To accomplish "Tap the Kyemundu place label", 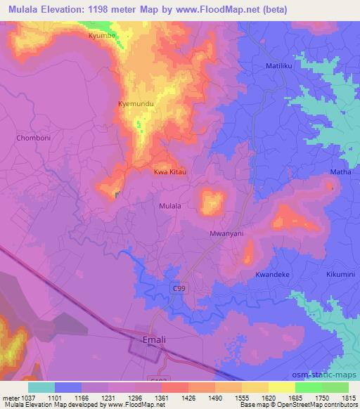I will (x=135, y=105).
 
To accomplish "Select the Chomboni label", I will (x=32, y=138).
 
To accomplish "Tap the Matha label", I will (x=338, y=171).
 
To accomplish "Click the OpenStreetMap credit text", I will (x=321, y=404).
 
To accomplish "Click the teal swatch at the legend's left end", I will (x=41, y=387).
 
